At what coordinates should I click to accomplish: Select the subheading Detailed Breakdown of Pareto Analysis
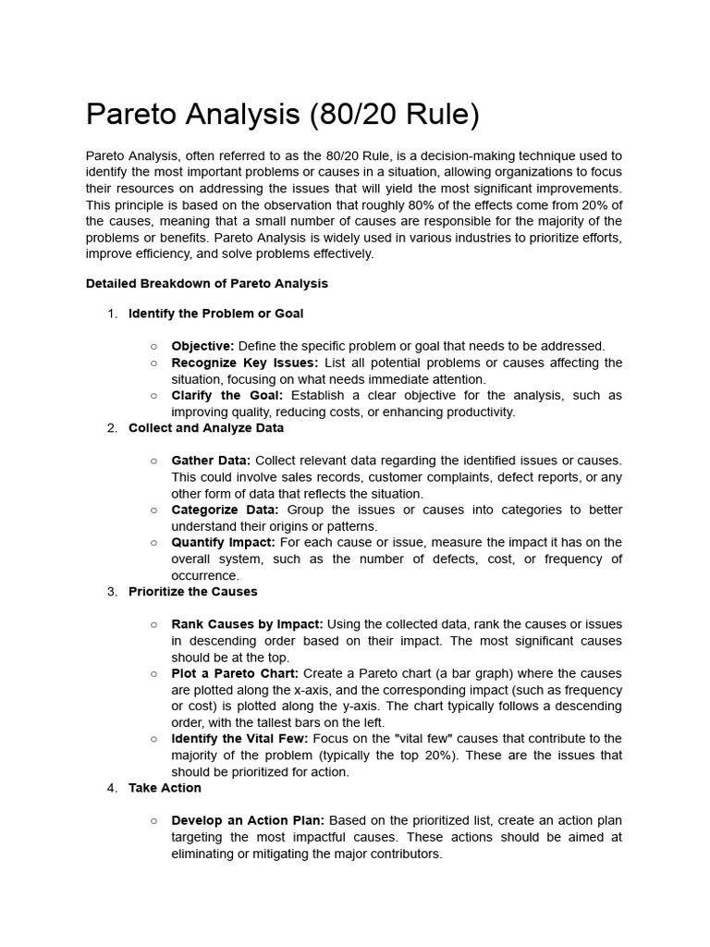(206, 284)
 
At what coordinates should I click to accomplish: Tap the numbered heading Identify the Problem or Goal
(215, 314)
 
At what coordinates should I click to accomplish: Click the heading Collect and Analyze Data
(206, 428)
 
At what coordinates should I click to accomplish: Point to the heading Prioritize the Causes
(193, 592)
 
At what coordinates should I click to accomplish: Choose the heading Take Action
(165, 788)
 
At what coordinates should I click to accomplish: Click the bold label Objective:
(202, 346)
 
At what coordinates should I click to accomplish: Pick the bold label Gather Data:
(211, 461)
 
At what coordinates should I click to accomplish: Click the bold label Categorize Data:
(225, 510)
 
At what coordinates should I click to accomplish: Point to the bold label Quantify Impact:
(223, 543)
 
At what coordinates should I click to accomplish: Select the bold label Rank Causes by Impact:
(247, 624)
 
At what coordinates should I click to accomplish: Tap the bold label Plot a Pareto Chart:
(235, 673)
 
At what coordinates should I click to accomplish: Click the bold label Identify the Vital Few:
(239, 739)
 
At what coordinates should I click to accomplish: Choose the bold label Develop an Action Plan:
(248, 820)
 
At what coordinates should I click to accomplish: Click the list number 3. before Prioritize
(112, 592)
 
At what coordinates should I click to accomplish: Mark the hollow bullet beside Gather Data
(153, 461)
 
